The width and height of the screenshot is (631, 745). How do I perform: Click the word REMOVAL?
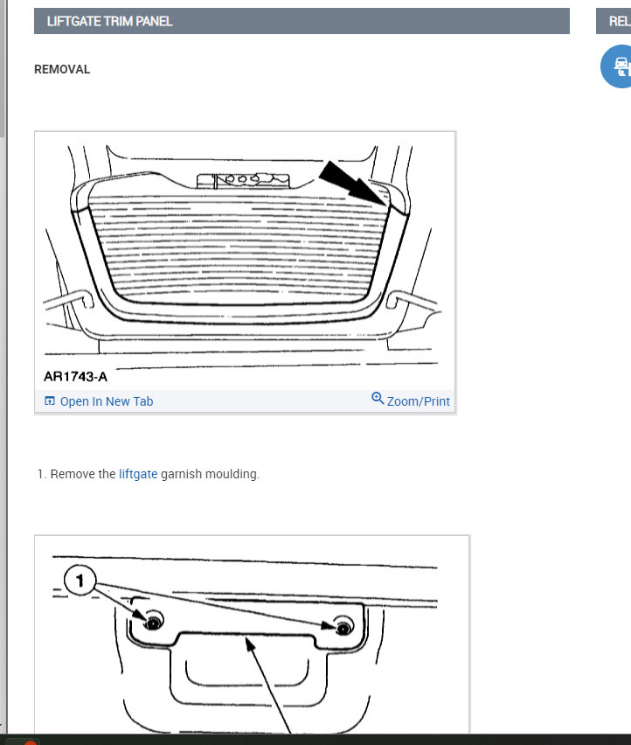62,69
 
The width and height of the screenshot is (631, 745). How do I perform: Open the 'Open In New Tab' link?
106,401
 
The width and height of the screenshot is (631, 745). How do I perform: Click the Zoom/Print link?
418,401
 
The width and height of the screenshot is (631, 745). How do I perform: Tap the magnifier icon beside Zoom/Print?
378,399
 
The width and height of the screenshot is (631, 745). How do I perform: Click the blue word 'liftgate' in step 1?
138,474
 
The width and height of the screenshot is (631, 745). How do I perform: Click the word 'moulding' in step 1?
232,474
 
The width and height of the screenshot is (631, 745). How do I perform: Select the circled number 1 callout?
79,580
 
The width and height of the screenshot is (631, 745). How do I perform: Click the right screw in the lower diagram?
343,627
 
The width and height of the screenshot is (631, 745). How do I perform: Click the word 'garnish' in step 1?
182,474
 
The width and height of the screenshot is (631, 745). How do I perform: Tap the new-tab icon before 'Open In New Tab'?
50,401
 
